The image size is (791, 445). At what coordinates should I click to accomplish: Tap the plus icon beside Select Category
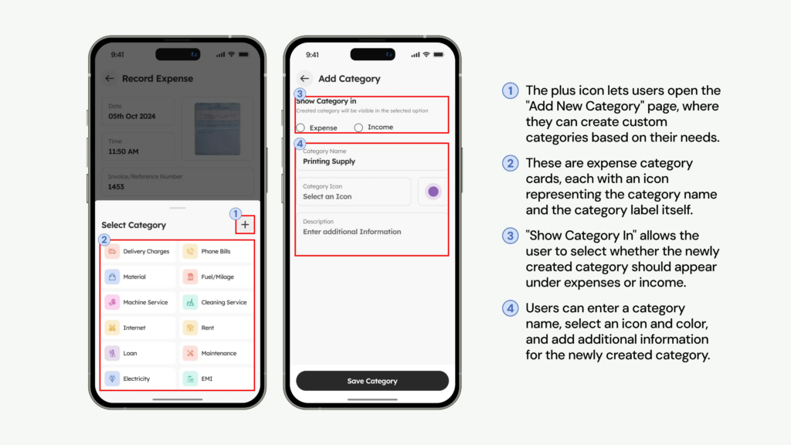(x=246, y=225)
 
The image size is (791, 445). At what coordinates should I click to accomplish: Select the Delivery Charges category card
(x=139, y=252)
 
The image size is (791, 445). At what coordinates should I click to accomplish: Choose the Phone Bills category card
(x=216, y=252)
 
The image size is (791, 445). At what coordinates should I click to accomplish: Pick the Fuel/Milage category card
(x=216, y=277)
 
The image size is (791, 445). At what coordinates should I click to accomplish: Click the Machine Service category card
(x=139, y=302)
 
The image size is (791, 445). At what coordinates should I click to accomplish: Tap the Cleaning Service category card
(x=216, y=302)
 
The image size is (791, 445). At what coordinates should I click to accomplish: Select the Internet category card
(x=139, y=328)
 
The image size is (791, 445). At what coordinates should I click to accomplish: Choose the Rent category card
(x=216, y=328)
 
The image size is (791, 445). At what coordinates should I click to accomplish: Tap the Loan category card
(x=139, y=353)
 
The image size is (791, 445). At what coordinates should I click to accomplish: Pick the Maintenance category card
(x=216, y=353)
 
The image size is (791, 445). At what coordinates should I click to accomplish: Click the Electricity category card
(x=139, y=379)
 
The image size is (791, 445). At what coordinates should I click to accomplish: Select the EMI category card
(x=216, y=379)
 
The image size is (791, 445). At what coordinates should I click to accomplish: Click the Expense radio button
(x=300, y=127)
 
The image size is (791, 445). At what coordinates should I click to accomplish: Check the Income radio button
(x=358, y=127)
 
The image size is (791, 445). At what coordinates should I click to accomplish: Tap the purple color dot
(x=433, y=192)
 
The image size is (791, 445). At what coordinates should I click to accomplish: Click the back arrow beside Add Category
(x=304, y=78)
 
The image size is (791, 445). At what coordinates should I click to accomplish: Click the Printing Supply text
(x=329, y=161)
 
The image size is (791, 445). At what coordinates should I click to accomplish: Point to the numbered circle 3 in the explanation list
(x=510, y=236)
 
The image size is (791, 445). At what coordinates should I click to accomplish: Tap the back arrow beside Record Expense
(x=110, y=78)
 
